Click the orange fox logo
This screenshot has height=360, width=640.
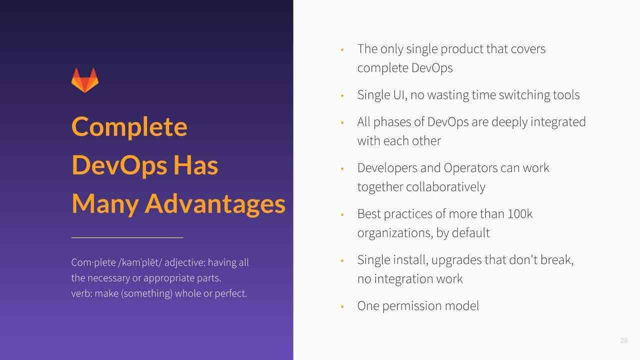point(84,80)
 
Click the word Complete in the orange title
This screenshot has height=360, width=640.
point(129,126)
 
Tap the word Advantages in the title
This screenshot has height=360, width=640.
point(215,203)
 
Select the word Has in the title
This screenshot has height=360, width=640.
point(195,165)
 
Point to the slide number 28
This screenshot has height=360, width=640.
point(623,340)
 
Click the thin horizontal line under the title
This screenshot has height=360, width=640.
point(127,237)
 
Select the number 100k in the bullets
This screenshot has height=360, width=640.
point(519,214)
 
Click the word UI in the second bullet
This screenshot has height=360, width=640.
point(395,95)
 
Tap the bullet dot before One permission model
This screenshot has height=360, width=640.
point(342,306)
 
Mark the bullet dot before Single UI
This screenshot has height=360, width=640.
point(342,95)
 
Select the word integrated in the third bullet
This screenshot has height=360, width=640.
point(557,122)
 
